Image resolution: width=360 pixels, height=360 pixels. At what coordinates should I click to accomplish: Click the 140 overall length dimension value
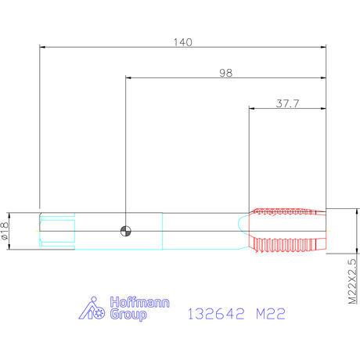point(183,42)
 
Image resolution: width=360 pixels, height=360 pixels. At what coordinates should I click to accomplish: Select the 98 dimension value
point(226,73)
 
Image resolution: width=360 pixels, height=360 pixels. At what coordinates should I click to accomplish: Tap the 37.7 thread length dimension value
point(287,103)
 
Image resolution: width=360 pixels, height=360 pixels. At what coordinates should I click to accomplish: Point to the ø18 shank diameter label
point(5,231)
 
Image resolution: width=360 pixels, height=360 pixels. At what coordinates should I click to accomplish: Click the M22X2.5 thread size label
point(352,282)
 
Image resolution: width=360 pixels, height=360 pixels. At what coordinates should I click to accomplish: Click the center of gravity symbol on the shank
point(126,231)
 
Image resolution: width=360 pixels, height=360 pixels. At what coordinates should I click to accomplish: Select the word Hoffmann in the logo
point(139,303)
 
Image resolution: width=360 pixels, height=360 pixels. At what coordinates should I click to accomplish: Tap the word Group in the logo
point(128,315)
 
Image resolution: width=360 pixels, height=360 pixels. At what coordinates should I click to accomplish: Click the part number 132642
point(216,314)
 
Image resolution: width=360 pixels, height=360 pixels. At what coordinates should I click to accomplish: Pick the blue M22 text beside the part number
point(271,314)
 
